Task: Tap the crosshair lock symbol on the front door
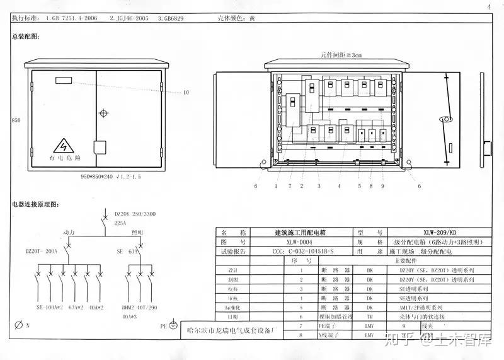click(104, 114)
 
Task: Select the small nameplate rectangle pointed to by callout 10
click(64, 81)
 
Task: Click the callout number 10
click(186, 93)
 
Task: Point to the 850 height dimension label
click(16, 120)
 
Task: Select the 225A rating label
click(120, 223)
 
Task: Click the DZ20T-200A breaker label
click(41, 251)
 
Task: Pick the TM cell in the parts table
click(370, 316)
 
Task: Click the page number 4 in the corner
click(488, 7)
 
